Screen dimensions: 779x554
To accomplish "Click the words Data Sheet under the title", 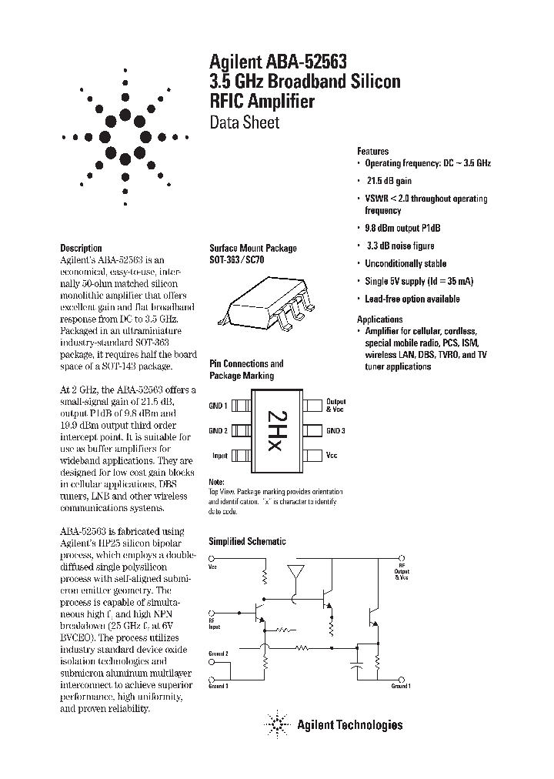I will coord(245,122).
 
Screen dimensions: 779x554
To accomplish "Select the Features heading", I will coord(372,152).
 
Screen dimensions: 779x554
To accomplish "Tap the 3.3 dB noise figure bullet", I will coord(399,246).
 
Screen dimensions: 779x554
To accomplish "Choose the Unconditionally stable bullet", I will coord(405,264).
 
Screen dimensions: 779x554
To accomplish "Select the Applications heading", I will coord(379,319).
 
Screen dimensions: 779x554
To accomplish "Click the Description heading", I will coord(81,248).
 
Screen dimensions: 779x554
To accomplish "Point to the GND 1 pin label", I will coord(219,406).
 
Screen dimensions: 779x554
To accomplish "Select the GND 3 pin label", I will coord(335,430).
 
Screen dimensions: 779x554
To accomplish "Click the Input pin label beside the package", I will coord(220,456).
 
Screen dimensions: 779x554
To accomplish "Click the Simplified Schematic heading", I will coord(248,541).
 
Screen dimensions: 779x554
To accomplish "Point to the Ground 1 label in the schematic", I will coord(400,685).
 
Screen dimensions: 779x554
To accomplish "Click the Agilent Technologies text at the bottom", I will coord(349,724).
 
